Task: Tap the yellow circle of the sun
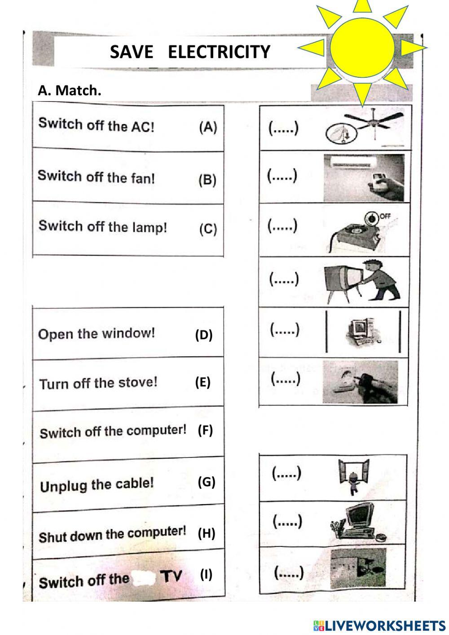[362, 47]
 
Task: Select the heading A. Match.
[70, 90]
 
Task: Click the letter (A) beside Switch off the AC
[208, 128]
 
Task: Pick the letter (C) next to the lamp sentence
[208, 229]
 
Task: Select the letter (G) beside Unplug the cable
[207, 482]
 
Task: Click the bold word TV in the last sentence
[171, 576]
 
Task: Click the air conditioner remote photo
[364, 178]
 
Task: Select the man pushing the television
[361, 281]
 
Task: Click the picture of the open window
[353, 477]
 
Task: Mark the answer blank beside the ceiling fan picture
[283, 129]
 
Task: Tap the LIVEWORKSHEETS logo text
[379, 625]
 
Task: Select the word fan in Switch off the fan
[143, 178]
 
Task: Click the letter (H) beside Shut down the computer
[207, 533]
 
